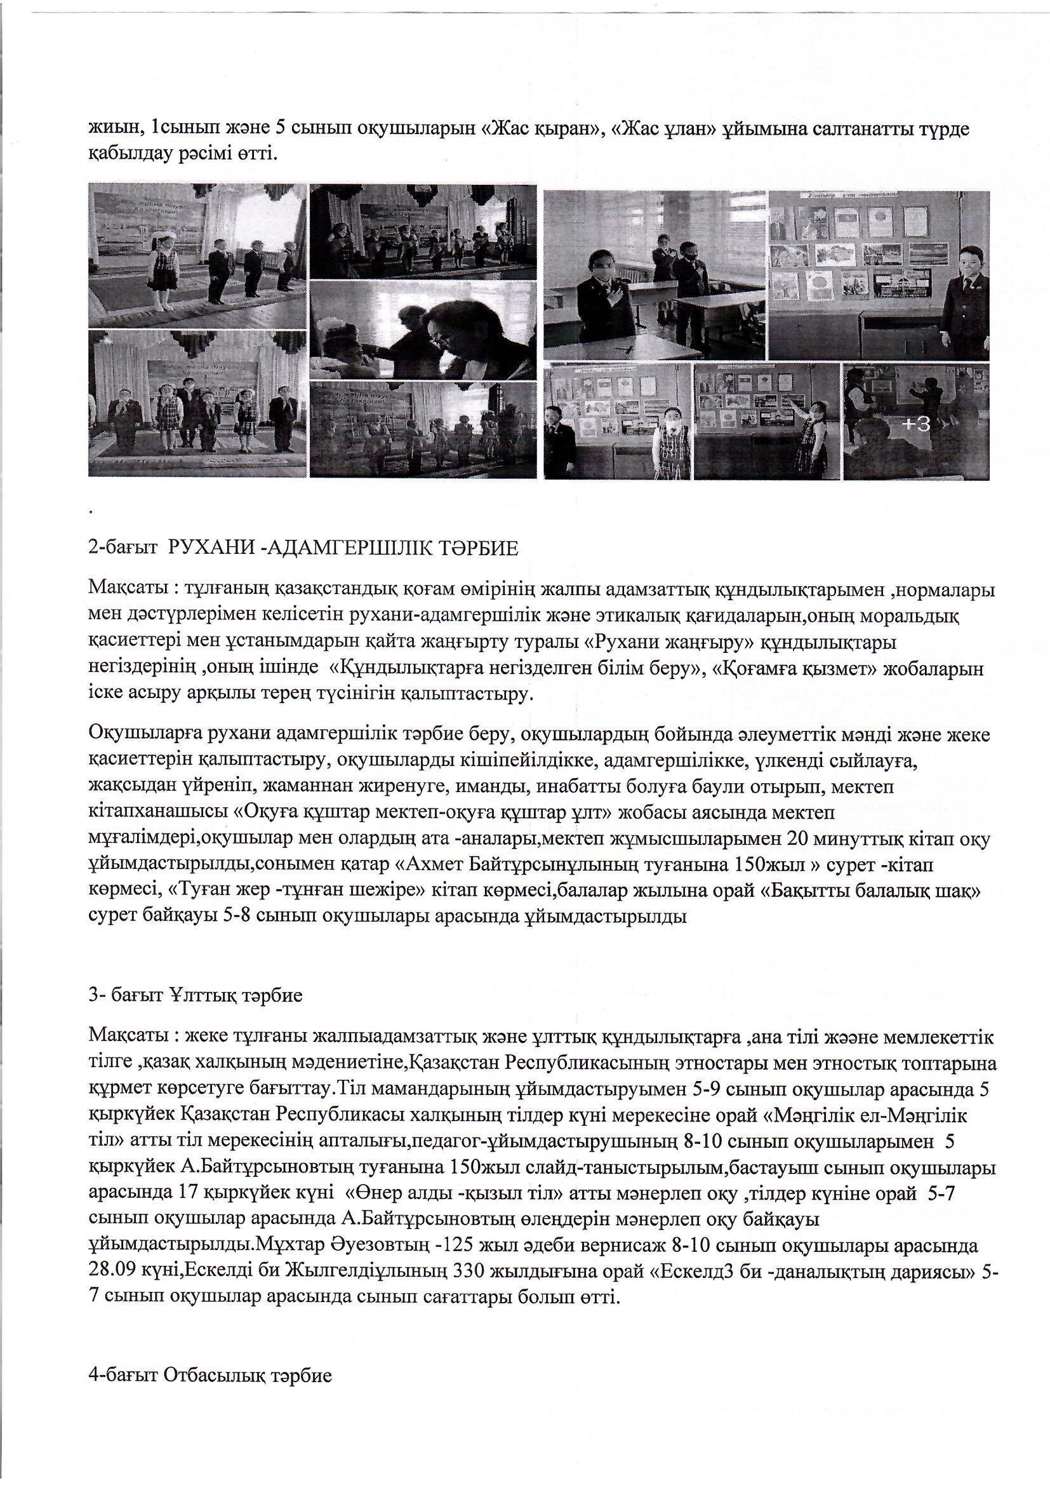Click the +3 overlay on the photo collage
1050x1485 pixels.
click(916, 424)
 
